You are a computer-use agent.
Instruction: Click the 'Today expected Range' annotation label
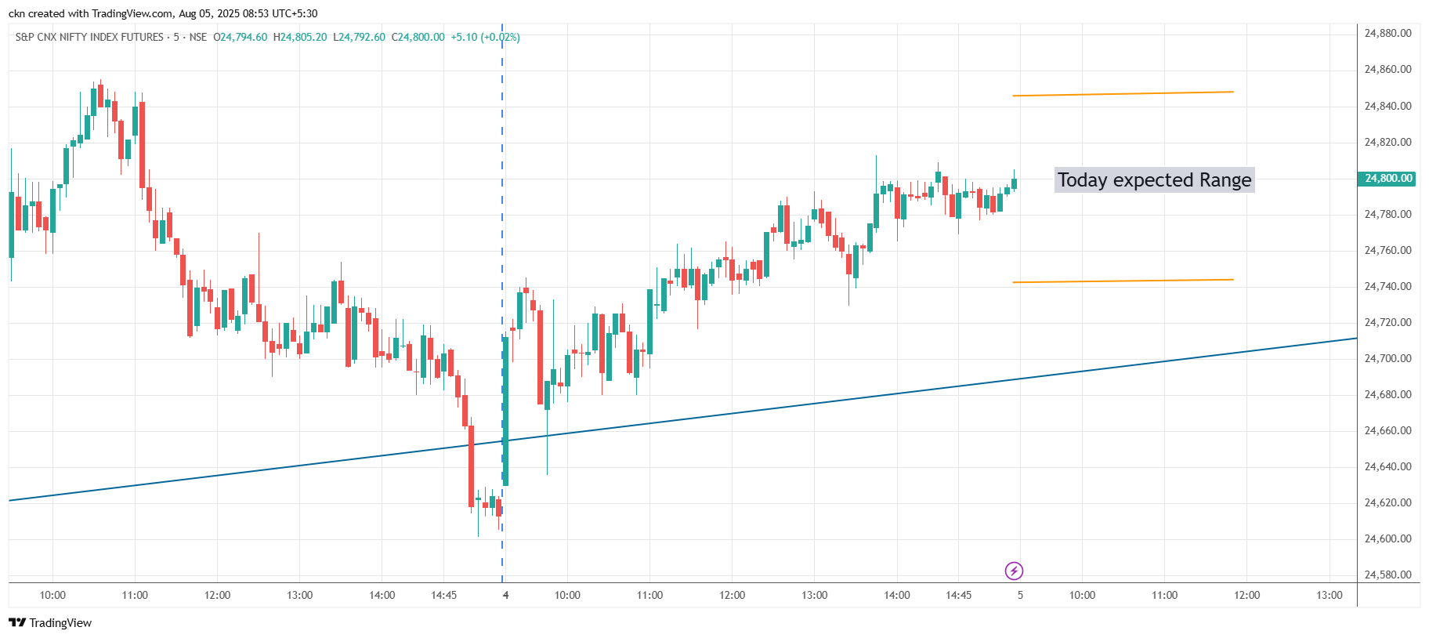tap(1154, 179)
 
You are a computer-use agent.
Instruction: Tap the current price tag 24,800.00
tap(1388, 178)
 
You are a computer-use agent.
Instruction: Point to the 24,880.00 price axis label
tap(1387, 33)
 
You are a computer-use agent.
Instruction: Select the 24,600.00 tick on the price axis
tap(1387, 538)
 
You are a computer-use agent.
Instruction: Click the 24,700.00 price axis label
tap(1387, 358)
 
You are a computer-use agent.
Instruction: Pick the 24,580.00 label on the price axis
tap(1387, 575)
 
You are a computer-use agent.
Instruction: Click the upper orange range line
tap(1123, 94)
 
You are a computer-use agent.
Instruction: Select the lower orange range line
tap(1123, 281)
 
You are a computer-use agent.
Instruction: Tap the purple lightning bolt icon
tap(1014, 571)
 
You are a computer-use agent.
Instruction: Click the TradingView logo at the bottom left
tap(50, 622)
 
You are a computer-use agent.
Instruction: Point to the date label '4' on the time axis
tap(505, 595)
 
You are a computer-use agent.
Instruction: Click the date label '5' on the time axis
tap(1020, 595)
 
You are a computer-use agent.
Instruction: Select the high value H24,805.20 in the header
tap(300, 37)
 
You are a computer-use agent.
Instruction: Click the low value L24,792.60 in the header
tap(359, 37)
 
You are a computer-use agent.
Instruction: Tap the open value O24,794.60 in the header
tap(241, 37)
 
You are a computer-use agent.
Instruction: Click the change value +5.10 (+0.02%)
tap(485, 37)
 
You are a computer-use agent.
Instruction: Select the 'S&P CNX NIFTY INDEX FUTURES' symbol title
tap(89, 37)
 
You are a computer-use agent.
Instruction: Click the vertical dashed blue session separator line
tap(502, 235)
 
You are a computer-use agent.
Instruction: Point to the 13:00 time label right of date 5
tap(1329, 595)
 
